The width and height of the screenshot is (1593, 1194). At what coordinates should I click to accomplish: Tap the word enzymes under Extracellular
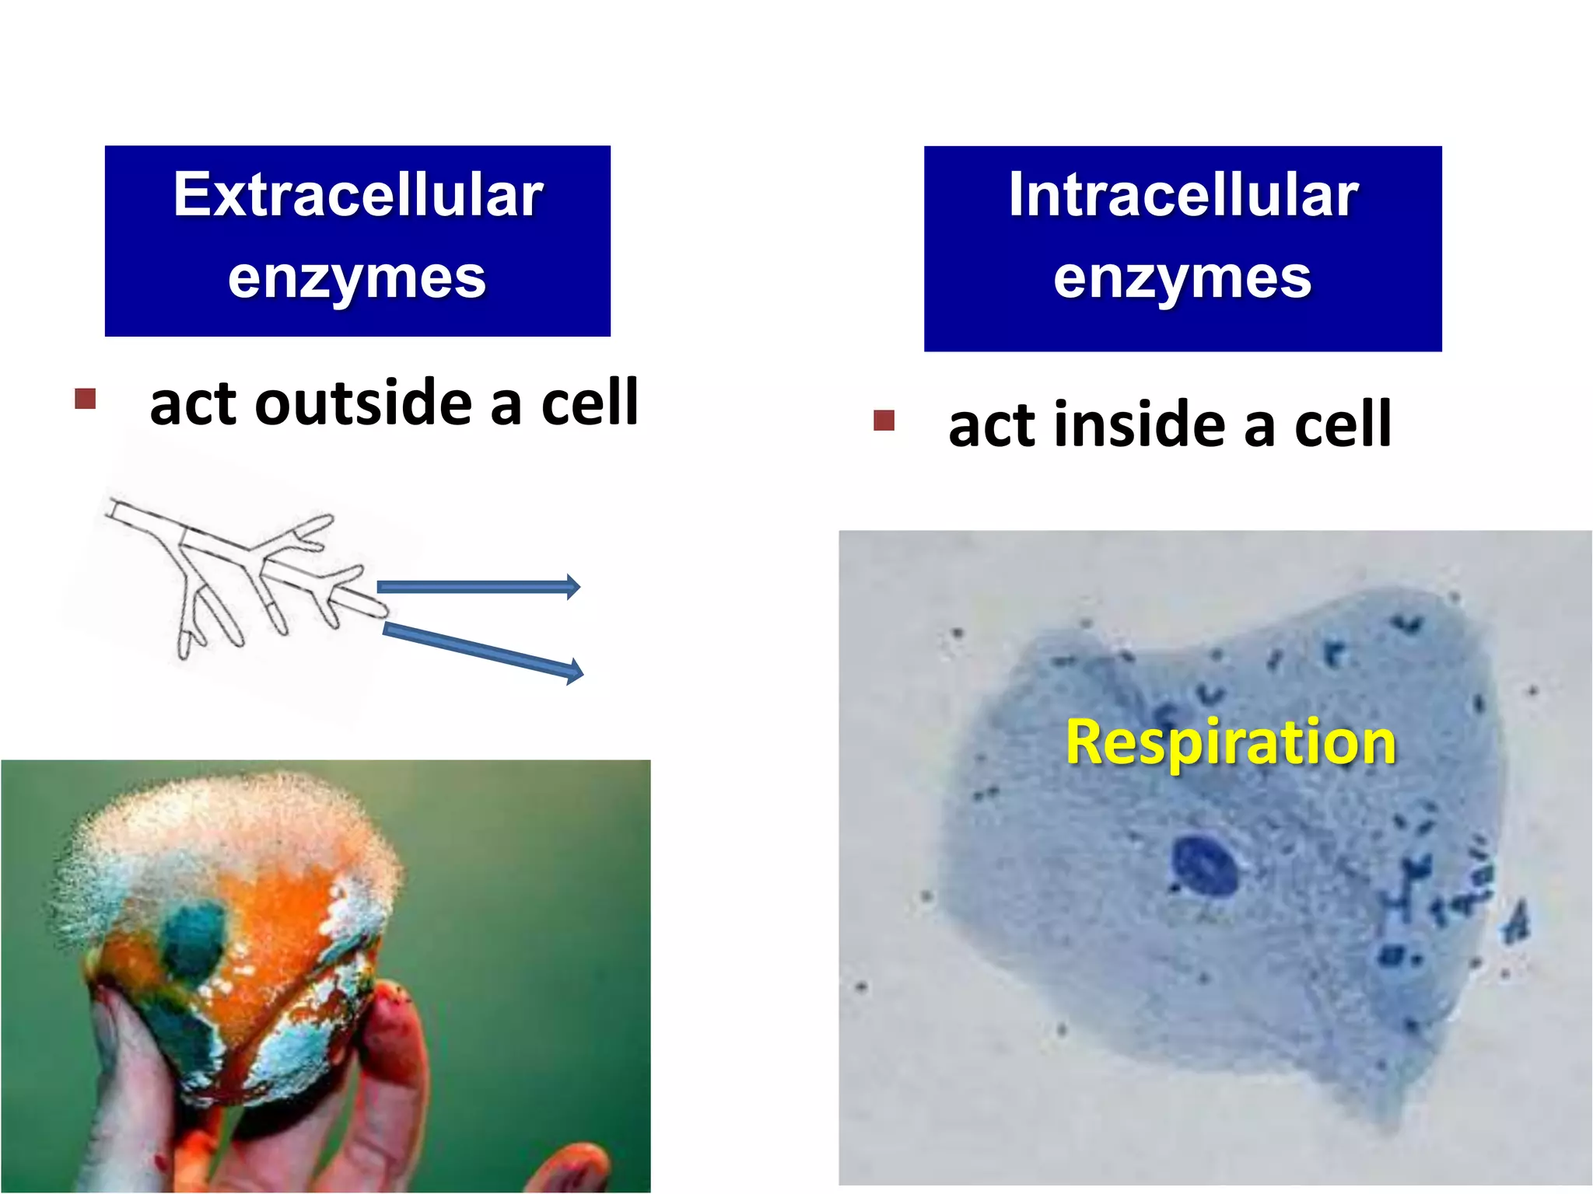(357, 278)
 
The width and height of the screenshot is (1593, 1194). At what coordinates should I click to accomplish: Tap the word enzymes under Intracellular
(1182, 278)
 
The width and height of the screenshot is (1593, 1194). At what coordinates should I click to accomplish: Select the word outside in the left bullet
(363, 404)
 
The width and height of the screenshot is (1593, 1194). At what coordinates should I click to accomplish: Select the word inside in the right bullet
(1141, 425)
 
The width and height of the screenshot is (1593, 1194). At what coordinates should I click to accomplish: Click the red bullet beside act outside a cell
(85, 399)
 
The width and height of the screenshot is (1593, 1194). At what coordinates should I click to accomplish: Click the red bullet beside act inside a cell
(884, 421)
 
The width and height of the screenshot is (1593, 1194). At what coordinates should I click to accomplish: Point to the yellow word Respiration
(1231, 742)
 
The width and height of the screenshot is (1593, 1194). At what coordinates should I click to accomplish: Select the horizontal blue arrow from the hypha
(478, 587)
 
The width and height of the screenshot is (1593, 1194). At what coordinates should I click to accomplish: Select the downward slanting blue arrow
(482, 648)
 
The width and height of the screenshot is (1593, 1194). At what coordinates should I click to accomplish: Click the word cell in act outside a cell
(590, 404)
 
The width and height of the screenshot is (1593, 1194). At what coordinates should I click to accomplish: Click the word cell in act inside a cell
(1343, 425)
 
